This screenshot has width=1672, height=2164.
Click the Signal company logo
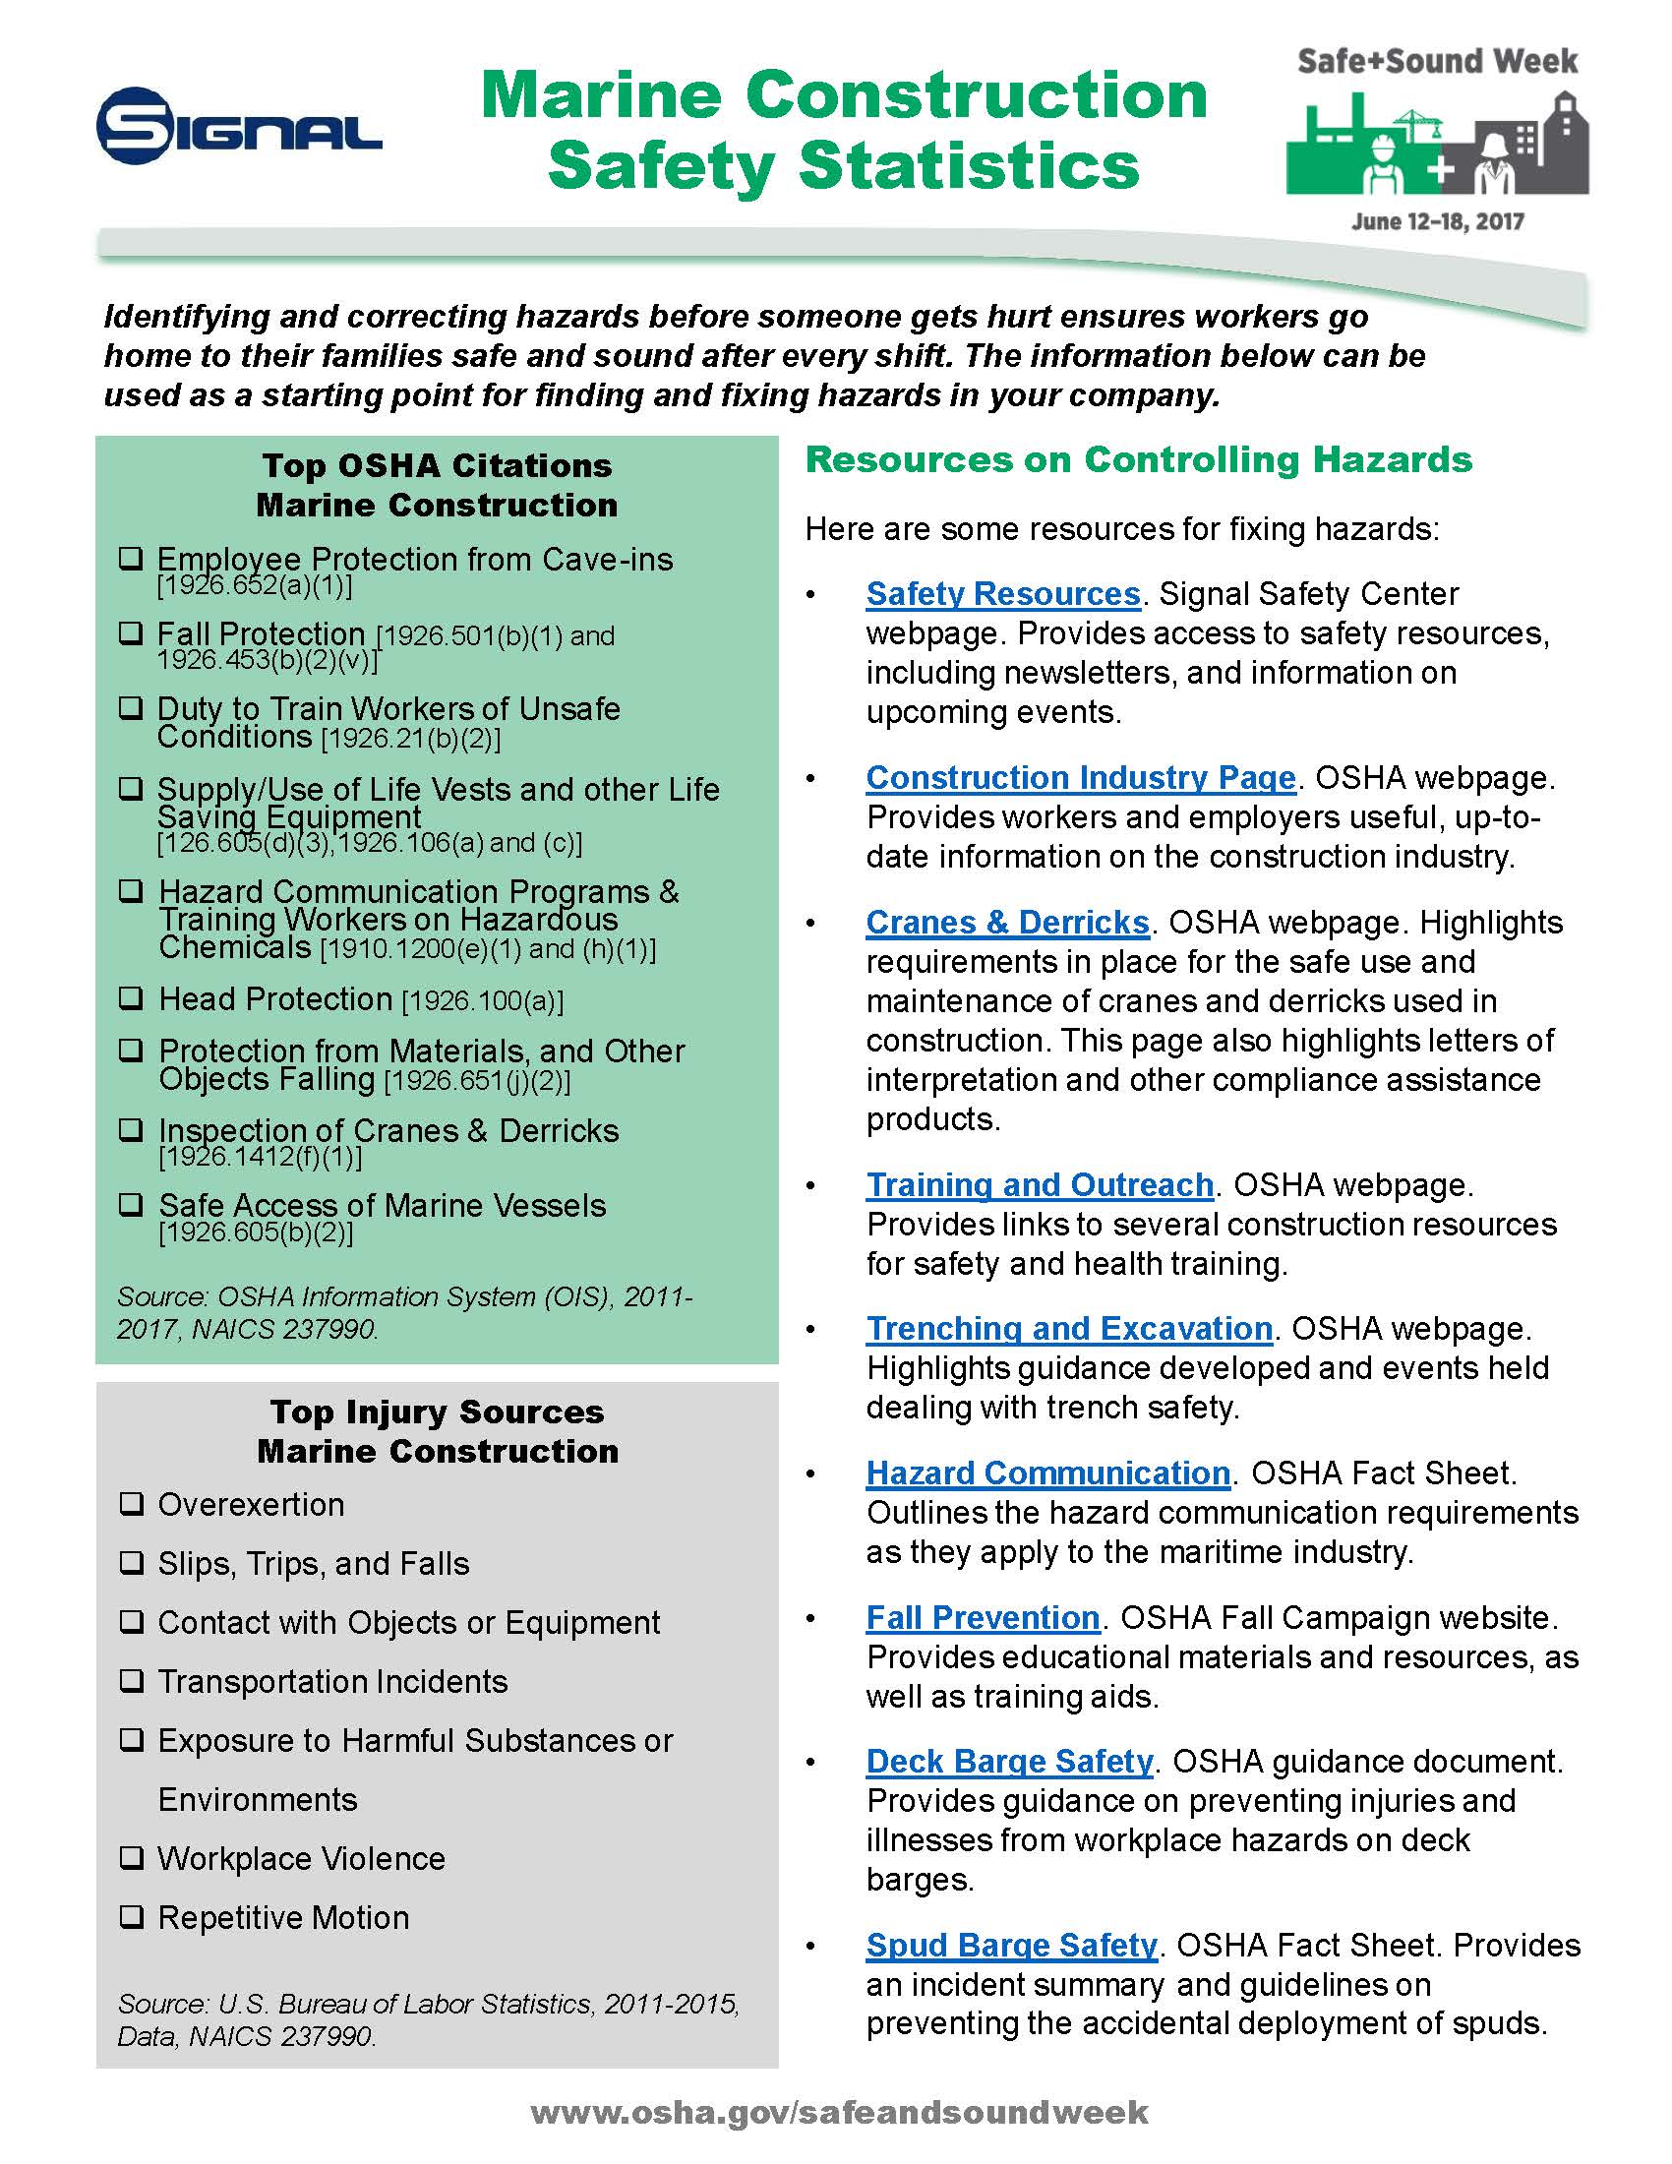(x=238, y=126)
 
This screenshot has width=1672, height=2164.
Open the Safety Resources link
(x=1002, y=593)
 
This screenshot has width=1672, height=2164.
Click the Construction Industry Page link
(x=1080, y=778)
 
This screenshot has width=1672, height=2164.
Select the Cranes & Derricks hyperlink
(x=1006, y=923)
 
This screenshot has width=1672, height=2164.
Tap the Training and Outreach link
(x=1039, y=1185)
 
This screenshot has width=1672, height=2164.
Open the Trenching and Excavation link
(x=1069, y=1329)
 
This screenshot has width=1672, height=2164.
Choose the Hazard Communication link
(x=1047, y=1473)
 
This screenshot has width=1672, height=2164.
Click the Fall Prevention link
(x=983, y=1618)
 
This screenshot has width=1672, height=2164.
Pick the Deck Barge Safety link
(x=1009, y=1762)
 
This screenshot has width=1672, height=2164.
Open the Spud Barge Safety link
(x=1011, y=1946)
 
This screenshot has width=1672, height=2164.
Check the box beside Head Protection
(x=131, y=997)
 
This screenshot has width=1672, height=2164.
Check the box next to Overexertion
(x=131, y=1504)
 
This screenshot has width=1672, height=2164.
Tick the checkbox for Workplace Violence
(x=131, y=1858)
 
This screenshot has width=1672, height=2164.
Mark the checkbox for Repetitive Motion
(x=131, y=1917)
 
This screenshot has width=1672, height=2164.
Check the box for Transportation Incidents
(x=131, y=1681)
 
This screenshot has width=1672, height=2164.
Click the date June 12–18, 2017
(x=1437, y=221)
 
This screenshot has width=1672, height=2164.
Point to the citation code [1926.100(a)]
(x=482, y=1001)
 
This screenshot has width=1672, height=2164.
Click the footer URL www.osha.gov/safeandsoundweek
(x=839, y=2113)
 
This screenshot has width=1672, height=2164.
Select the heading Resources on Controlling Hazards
(x=1138, y=459)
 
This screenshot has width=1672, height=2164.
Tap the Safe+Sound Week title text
(x=1437, y=61)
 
